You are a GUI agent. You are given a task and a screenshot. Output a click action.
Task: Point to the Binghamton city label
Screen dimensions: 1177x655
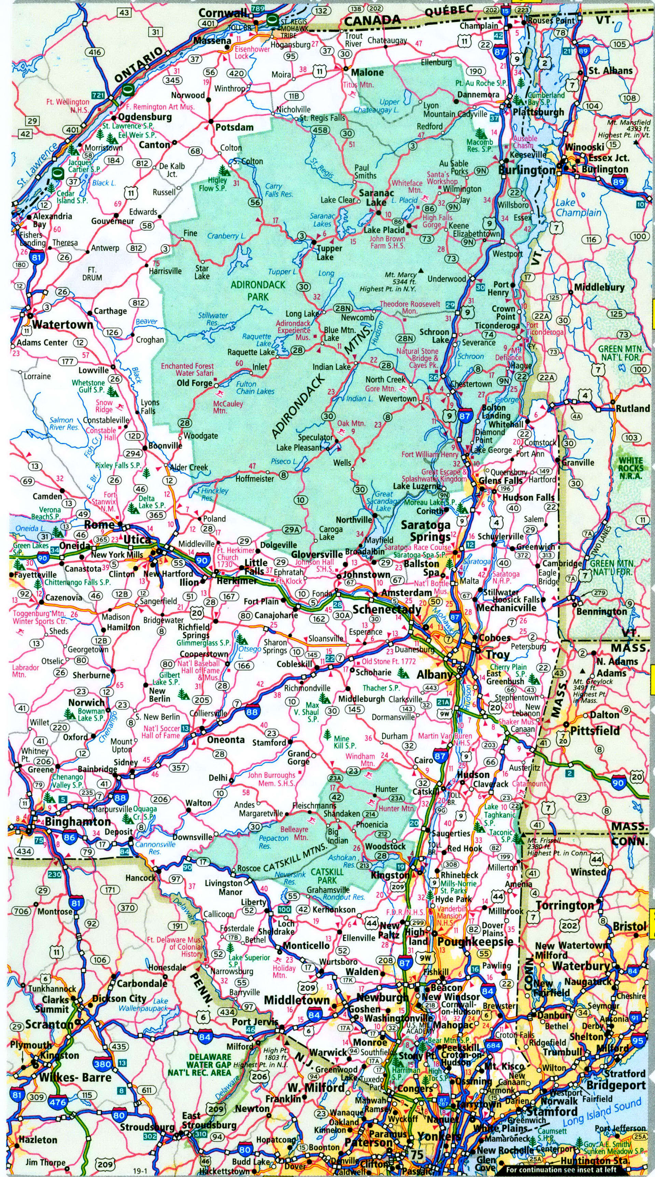[x=78, y=822]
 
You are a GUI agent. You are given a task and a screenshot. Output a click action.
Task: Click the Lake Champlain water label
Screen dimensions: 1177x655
[x=578, y=208]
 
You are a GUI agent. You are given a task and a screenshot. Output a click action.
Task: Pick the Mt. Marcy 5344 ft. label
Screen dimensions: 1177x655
[x=400, y=282]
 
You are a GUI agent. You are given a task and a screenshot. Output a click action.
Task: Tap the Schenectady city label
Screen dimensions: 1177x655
[x=387, y=610]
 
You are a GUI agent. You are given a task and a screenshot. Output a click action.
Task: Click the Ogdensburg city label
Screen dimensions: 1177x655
[x=145, y=117]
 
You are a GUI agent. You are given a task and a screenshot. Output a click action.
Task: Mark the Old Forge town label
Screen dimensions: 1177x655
[x=194, y=383]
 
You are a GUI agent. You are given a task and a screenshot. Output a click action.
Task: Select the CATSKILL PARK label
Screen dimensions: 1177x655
[x=327, y=876]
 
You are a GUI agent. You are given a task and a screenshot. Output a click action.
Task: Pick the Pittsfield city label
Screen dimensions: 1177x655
[x=595, y=731]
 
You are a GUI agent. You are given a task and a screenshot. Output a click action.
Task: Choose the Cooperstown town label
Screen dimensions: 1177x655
[x=204, y=654]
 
